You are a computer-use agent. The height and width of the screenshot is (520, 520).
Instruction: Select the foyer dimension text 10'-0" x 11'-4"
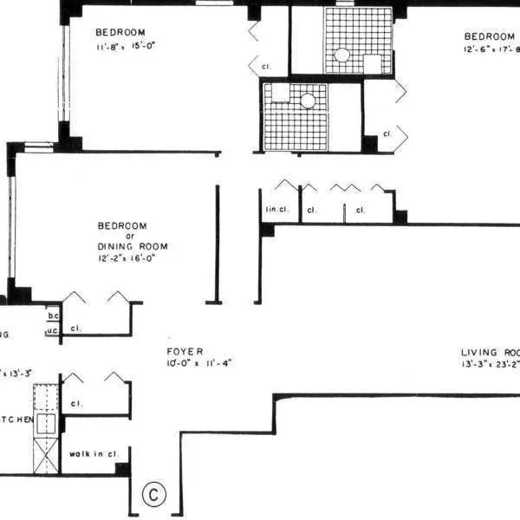point(198,363)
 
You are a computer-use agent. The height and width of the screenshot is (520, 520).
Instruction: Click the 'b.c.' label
point(53,316)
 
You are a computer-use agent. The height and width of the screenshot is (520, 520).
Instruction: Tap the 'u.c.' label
point(53,329)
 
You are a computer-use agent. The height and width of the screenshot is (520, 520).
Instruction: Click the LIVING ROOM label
point(490,353)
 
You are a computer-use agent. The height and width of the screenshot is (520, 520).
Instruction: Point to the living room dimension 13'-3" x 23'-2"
point(490,365)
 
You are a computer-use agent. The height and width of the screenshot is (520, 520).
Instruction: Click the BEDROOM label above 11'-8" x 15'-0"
point(120,33)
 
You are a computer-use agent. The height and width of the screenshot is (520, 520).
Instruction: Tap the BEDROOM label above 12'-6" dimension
point(490,36)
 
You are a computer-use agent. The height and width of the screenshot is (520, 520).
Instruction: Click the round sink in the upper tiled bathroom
point(342,55)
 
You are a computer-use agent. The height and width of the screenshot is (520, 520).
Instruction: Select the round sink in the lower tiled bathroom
point(308,101)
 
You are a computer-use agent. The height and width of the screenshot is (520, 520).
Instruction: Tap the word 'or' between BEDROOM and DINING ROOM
point(133,236)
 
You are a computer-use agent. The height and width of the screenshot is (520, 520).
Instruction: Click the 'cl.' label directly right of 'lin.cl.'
point(312,210)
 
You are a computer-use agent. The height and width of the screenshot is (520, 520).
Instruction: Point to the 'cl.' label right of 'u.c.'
point(77,329)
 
